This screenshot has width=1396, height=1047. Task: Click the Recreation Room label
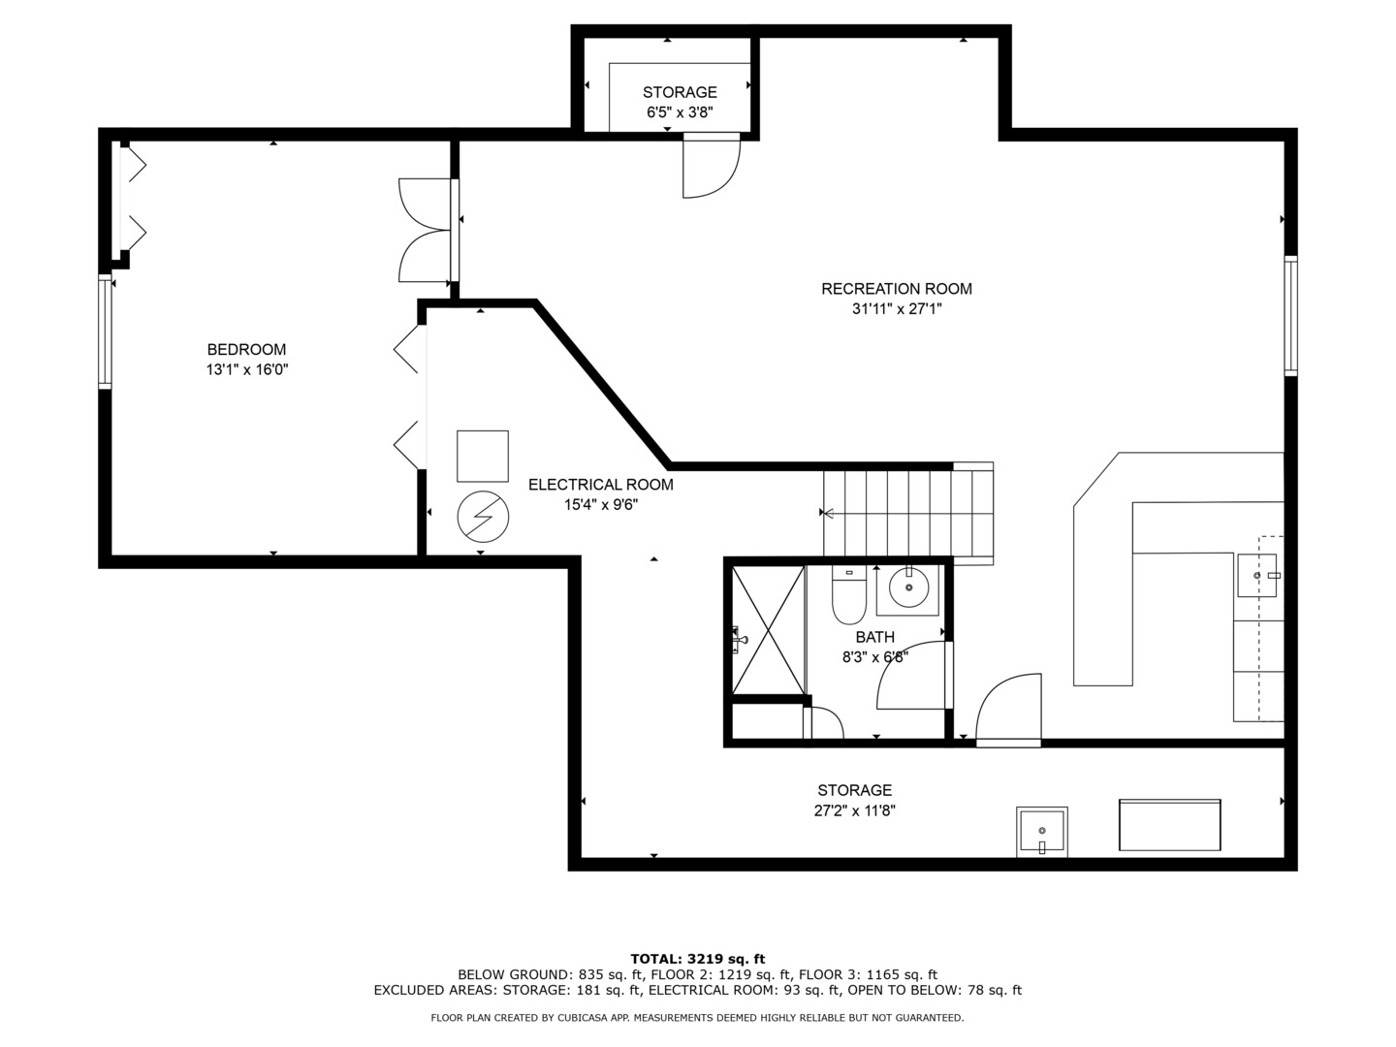click(x=896, y=289)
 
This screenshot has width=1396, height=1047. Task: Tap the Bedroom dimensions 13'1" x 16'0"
click(x=247, y=369)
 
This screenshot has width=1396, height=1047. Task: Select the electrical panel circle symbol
click(x=483, y=516)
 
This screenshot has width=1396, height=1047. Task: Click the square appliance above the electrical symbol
click(x=483, y=456)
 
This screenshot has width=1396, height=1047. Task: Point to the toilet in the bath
click(x=848, y=595)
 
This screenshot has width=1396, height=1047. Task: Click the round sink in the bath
click(x=908, y=588)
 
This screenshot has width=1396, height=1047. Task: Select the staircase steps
click(x=908, y=513)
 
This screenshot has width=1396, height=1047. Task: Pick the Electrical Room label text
click(x=600, y=485)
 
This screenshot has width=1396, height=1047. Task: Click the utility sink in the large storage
click(x=1042, y=832)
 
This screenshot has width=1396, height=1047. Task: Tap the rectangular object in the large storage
click(x=1169, y=824)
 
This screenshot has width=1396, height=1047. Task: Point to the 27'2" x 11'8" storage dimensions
click(x=855, y=810)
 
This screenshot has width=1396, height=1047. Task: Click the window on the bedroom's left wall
click(x=105, y=332)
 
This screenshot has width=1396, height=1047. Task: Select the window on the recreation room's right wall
click(x=1290, y=315)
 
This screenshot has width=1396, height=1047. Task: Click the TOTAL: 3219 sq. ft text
click(x=698, y=959)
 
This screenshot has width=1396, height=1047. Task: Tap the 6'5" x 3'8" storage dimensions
click(x=680, y=112)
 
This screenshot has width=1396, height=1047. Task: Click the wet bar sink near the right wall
click(x=1256, y=575)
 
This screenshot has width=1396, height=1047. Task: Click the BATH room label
click(x=875, y=637)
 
